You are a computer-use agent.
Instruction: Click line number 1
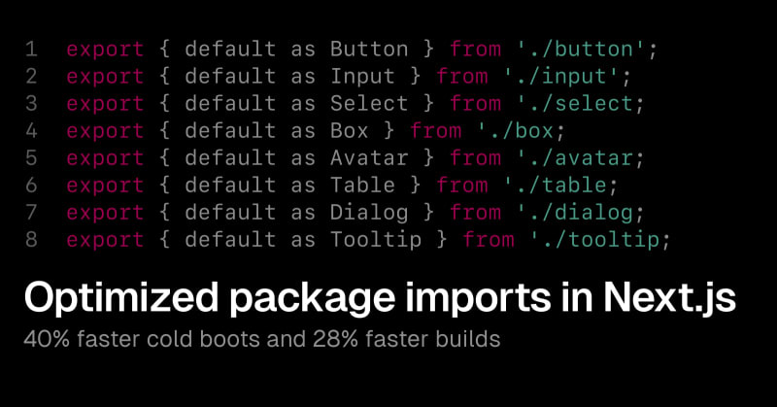[x=31, y=50]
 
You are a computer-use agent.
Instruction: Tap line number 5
[x=31, y=158]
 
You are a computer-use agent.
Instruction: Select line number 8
[x=31, y=240]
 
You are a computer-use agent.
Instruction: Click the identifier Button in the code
[x=369, y=50]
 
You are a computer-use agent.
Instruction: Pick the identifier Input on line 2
[x=362, y=78]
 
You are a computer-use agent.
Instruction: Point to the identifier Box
[x=350, y=131]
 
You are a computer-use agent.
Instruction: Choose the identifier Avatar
[x=369, y=158]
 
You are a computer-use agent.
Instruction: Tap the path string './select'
[x=574, y=104]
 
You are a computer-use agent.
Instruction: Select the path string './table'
[x=555, y=186]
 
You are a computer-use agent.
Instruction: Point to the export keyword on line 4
[x=105, y=132]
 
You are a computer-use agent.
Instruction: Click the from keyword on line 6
[x=462, y=186]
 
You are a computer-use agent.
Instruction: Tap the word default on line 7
[x=230, y=213]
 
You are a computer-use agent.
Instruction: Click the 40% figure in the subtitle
[x=46, y=340]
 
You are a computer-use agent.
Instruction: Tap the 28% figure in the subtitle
[x=335, y=340]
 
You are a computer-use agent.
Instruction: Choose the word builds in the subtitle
[x=468, y=340]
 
